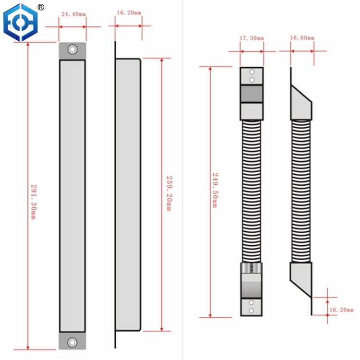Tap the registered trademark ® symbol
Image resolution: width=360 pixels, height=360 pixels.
point(41,7)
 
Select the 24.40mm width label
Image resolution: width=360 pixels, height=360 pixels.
point(72,15)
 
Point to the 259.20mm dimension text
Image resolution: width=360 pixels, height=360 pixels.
point(168,192)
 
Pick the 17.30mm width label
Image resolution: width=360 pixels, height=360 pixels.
point(251,38)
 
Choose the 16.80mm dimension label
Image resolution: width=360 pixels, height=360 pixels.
point(302,38)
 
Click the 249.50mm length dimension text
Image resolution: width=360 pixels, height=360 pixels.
point(215,190)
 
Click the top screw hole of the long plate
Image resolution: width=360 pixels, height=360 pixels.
point(72,49)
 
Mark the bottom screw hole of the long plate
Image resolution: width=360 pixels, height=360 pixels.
point(72,342)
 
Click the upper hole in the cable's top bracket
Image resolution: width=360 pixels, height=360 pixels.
point(252,72)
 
